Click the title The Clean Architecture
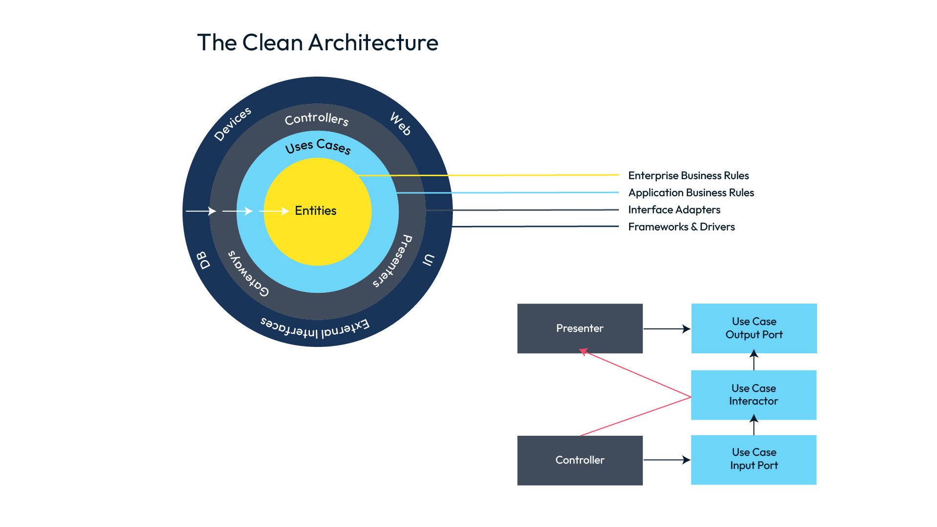(x=318, y=42)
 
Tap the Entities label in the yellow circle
(x=316, y=211)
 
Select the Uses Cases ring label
(x=318, y=146)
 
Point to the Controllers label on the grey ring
(x=317, y=119)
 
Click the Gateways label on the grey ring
(x=248, y=274)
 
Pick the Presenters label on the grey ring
(x=393, y=261)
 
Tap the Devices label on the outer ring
(x=233, y=124)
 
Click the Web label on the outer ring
(x=401, y=123)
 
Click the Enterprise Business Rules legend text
(x=688, y=176)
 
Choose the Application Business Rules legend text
(x=691, y=193)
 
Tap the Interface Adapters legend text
(x=674, y=210)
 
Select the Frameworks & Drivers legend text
(x=681, y=227)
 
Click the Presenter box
(x=580, y=328)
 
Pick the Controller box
(x=580, y=460)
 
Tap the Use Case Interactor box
(x=754, y=395)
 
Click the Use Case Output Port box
(x=754, y=328)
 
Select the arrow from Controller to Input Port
(x=667, y=460)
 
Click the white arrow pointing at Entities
(x=274, y=211)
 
